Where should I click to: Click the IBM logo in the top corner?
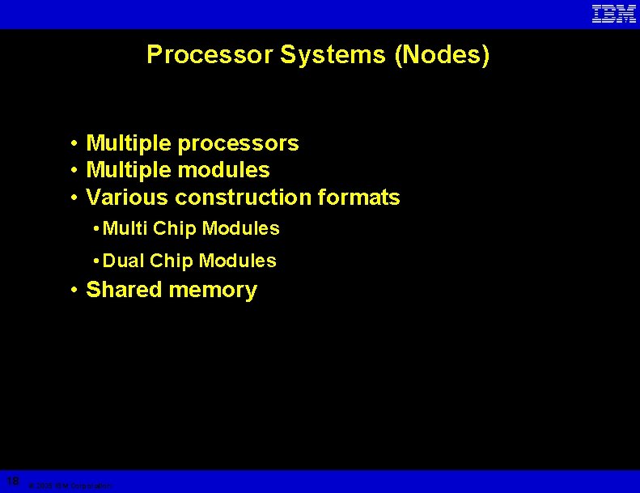click(x=614, y=14)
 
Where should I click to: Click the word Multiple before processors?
click(x=129, y=144)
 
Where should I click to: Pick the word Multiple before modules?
click(x=129, y=171)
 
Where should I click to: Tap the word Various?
click(x=127, y=198)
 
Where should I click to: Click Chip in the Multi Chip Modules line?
click(x=175, y=229)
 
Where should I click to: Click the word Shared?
click(x=125, y=290)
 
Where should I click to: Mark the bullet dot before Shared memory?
click(x=74, y=290)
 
